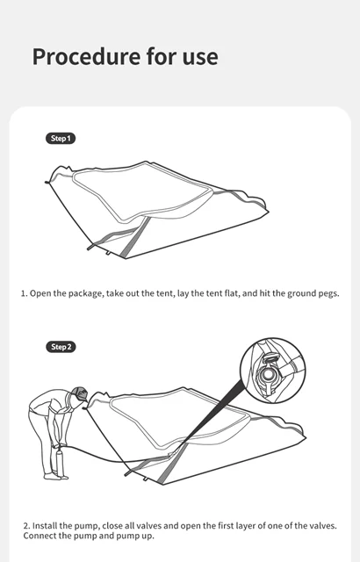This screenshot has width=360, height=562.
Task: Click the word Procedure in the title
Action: tap(86, 56)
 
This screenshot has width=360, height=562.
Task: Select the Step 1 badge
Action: tap(61, 139)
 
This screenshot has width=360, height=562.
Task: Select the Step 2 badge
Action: tap(61, 347)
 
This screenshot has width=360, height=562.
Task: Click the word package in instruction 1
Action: tap(85, 294)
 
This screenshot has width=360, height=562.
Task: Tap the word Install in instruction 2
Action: tap(45, 526)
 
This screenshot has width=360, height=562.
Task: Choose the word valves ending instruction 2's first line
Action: tap(323, 526)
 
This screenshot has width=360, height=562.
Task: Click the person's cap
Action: tap(80, 394)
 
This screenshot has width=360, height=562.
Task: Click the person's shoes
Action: tap(56, 476)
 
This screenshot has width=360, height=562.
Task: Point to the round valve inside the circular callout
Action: tap(267, 375)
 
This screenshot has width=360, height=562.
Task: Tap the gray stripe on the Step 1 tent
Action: tap(134, 238)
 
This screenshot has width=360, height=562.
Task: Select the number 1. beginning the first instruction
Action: tap(25, 293)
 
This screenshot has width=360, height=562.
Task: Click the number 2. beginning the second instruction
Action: tap(27, 526)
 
